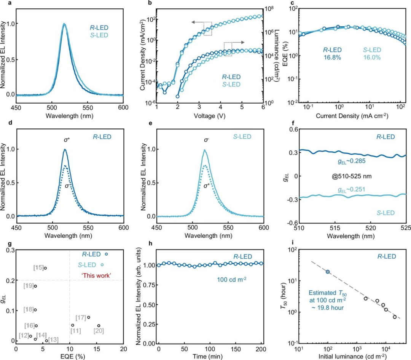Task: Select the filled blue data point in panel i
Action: pos(327,272)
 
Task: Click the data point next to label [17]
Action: pos(89,317)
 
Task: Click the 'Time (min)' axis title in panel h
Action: pos(210,356)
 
